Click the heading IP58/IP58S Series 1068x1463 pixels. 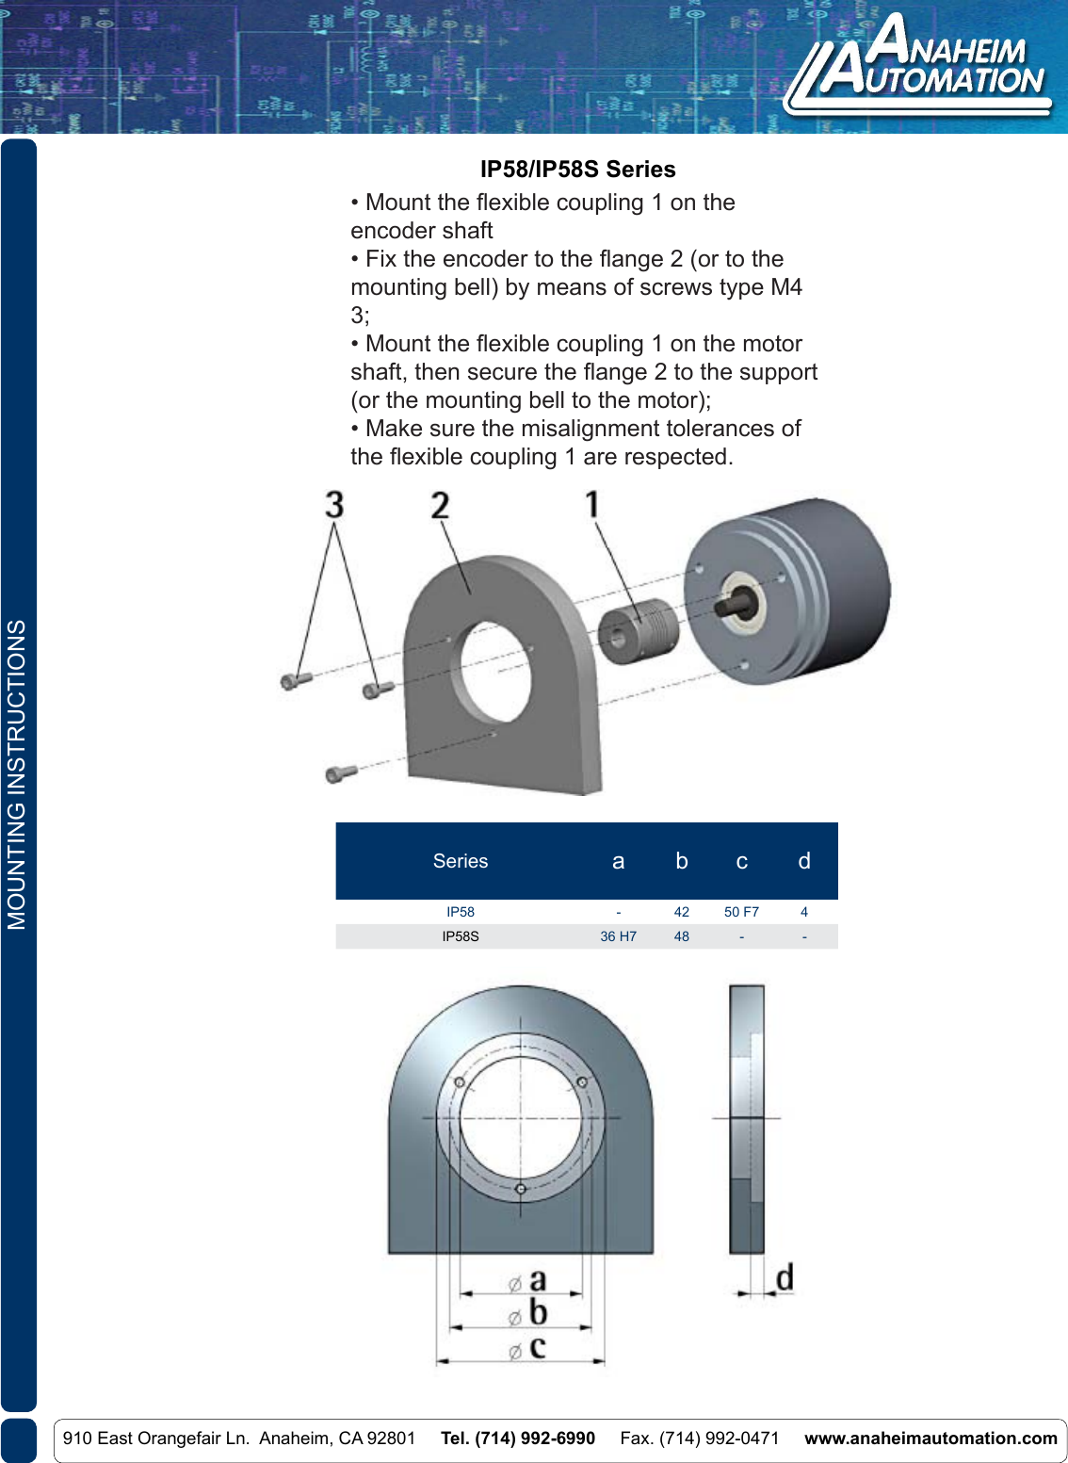577,170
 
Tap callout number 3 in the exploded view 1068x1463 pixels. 334,505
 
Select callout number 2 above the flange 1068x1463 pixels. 440,505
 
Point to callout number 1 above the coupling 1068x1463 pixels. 592,504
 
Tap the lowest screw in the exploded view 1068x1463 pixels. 340,772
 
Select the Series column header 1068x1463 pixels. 461,861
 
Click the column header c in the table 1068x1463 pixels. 741,861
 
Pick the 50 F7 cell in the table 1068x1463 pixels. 741,912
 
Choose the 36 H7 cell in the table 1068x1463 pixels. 618,936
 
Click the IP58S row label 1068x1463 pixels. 461,936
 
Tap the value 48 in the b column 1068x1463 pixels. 681,936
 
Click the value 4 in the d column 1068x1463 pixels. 803,912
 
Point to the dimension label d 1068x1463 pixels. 784,1277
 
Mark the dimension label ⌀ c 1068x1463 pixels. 528,1348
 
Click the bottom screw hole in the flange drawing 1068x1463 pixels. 520,1188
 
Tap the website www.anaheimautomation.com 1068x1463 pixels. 930,1439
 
